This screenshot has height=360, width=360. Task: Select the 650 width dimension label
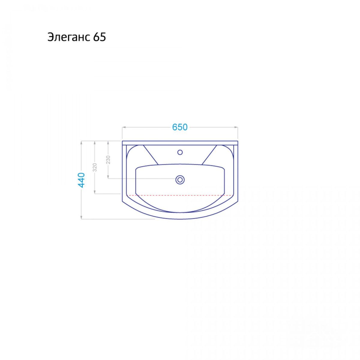179,127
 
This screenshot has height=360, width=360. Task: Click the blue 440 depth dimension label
81,180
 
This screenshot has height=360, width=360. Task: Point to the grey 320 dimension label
95,167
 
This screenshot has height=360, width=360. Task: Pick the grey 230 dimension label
108,160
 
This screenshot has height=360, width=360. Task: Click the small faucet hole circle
180,152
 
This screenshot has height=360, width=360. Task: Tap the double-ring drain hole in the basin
180,180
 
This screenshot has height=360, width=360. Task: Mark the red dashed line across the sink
180,195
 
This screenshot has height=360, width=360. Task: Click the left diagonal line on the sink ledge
151,155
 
